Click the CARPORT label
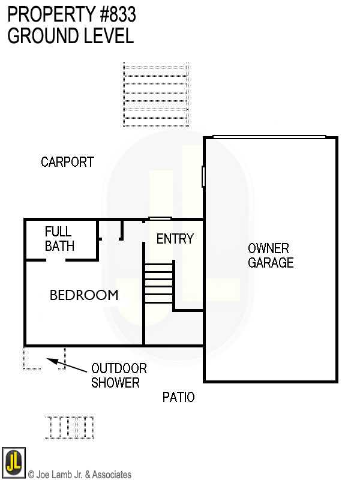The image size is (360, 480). click(x=67, y=162)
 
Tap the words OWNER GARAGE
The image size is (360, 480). click(x=270, y=256)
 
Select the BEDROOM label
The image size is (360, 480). click(x=83, y=295)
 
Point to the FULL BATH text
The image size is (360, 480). click(x=59, y=239)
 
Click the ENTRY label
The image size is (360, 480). click(x=175, y=239)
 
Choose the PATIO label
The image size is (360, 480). click(x=179, y=397)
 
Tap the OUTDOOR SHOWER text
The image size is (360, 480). click(x=118, y=376)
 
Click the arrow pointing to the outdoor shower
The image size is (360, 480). click(x=67, y=366)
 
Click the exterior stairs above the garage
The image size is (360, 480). click(x=156, y=95)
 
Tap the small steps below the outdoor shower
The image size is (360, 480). click(x=70, y=427)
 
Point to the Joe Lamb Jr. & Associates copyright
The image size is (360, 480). click(x=80, y=475)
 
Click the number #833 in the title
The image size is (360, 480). click(x=116, y=13)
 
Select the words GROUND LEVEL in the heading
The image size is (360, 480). click(x=70, y=35)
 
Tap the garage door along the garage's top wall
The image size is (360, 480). click(x=269, y=137)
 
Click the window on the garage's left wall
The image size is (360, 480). click(x=203, y=176)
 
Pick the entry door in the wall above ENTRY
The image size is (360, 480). click(x=160, y=219)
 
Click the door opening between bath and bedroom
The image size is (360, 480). click(x=56, y=260)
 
